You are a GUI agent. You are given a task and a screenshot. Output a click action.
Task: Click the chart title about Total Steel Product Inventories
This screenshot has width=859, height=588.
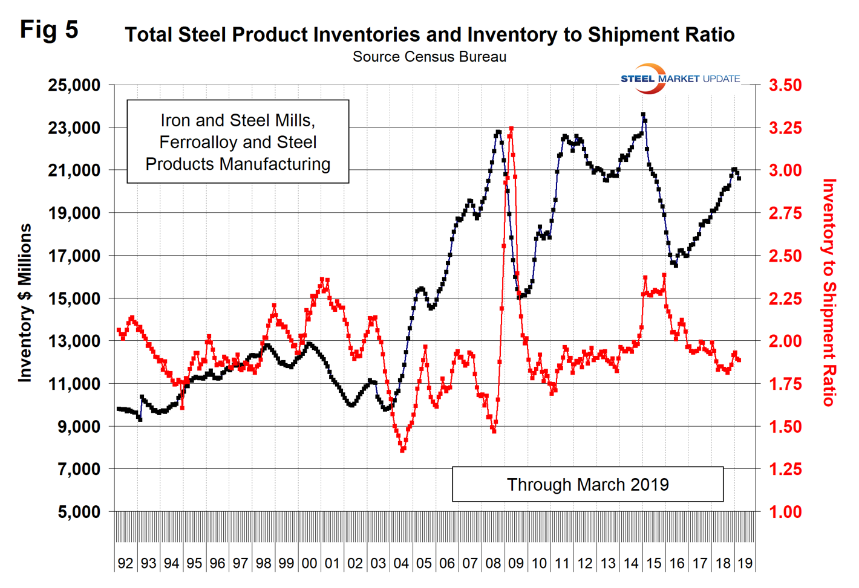point(429,34)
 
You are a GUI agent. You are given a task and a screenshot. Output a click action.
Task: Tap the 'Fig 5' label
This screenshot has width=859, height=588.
point(49,30)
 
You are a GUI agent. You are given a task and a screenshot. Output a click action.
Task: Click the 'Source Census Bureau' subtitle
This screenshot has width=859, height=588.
point(429,57)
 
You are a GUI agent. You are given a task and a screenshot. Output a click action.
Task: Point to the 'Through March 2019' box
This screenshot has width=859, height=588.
point(587,485)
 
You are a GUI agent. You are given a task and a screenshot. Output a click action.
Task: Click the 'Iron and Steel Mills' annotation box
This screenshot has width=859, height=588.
point(238,142)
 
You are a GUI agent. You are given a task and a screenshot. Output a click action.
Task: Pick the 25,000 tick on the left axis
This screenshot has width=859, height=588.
point(74,85)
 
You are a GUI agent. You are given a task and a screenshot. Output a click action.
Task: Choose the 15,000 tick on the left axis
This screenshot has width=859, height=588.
point(74,299)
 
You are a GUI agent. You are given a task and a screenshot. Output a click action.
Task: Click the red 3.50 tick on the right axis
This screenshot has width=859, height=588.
point(785,85)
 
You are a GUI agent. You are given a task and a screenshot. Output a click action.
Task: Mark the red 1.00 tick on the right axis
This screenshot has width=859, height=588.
point(785,512)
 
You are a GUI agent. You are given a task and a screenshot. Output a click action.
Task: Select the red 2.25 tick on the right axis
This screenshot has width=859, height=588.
point(785,299)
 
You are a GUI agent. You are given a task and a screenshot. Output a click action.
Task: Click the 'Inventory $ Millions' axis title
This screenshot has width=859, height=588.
point(25,303)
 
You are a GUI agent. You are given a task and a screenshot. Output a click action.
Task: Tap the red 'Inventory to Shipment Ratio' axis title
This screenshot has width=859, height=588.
point(829,292)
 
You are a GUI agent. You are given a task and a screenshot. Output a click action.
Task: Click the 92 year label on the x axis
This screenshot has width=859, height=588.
point(125,563)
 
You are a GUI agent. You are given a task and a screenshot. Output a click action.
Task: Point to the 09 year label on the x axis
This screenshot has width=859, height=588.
point(516,563)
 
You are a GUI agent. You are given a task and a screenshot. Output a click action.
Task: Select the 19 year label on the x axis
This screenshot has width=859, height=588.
point(745,563)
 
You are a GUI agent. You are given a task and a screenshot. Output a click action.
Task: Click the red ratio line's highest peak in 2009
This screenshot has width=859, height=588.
point(512,129)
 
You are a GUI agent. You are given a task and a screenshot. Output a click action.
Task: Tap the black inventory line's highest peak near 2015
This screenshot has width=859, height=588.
point(643,114)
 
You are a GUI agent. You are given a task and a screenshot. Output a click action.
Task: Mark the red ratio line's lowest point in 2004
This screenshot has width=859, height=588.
point(402,450)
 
